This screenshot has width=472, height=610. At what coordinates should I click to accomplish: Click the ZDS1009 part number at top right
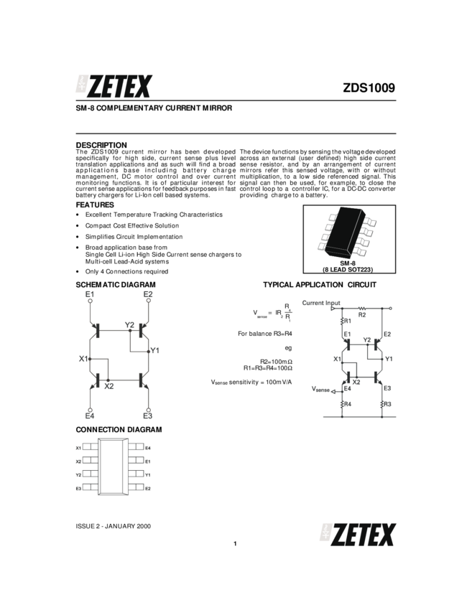(369, 88)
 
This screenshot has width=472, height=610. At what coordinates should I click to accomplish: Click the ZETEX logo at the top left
(114, 86)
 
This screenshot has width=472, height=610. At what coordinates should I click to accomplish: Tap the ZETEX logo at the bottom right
(358, 535)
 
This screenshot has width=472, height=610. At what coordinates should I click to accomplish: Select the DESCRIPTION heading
(101, 145)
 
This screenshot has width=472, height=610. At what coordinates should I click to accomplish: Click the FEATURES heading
(95, 205)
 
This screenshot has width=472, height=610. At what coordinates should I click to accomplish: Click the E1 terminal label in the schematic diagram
(90, 294)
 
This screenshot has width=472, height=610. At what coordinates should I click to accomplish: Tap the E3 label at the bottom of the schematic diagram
(147, 416)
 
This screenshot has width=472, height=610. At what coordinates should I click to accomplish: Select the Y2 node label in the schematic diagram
(130, 325)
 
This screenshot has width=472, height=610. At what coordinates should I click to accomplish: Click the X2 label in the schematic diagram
(109, 386)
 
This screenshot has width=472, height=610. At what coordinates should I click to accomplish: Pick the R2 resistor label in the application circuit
(362, 315)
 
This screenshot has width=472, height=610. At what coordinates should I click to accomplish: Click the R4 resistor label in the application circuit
(348, 404)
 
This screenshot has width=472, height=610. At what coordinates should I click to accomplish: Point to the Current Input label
(321, 303)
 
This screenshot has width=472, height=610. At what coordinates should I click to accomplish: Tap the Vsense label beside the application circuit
(320, 389)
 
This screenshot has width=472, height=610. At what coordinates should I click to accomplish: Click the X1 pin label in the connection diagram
(78, 448)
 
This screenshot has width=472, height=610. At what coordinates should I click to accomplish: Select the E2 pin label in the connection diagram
(148, 489)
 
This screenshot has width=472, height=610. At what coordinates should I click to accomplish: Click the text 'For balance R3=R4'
(265, 334)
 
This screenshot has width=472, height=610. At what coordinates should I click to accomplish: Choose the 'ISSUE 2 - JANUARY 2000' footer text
(114, 526)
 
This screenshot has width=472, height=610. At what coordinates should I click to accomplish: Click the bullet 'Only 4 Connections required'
(126, 271)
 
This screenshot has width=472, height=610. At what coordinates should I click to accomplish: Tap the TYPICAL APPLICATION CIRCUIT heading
(320, 285)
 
